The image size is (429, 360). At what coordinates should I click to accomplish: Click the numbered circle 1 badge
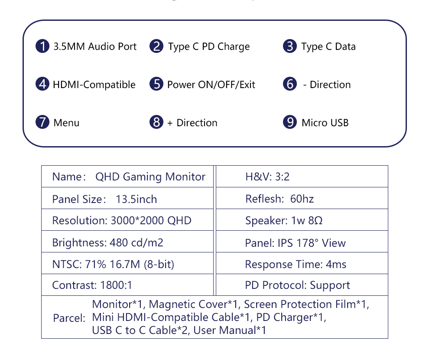pyautogui.click(x=42, y=46)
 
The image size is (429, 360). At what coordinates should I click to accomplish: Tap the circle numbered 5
pyautogui.click(x=156, y=84)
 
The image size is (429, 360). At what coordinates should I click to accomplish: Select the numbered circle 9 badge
pyautogui.click(x=290, y=122)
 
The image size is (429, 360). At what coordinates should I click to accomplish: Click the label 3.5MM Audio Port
pyautogui.click(x=95, y=46)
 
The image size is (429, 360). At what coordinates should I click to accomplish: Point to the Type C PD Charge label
pyautogui.click(x=209, y=47)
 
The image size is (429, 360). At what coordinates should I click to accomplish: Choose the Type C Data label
pyautogui.click(x=328, y=47)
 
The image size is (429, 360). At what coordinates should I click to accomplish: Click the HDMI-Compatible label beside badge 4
pyautogui.click(x=94, y=85)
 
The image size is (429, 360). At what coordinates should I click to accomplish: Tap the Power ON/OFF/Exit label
pyautogui.click(x=211, y=85)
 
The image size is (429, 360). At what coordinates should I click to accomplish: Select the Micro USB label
pyautogui.click(x=325, y=123)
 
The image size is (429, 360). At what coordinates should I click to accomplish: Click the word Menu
pyautogui.click(x=66, y=123)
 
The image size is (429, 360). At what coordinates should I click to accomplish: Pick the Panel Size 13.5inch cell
pyautogui.click(x=127, y=198)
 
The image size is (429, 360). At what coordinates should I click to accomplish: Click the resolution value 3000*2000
pyautogui.click(x=137, y=220)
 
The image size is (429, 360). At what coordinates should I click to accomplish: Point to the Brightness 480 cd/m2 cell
pyautogui.click(x=127, y=242)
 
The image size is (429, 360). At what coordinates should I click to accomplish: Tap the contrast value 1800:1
pyautogui.click(x=116, y=285)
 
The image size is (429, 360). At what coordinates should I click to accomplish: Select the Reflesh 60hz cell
pyautogui.click(x=302, y=198)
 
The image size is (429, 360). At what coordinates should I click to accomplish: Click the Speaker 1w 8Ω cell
pyautogui.click(x=302, y=220)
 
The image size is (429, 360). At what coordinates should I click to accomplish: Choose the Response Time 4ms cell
pyautogui.click(x=302, y=263)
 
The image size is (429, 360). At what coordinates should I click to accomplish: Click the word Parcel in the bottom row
pyautogui.click(x=69, y=318)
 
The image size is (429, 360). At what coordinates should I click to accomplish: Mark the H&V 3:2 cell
pyautogui.click(x=302, y=177)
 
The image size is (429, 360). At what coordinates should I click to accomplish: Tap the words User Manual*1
pyautogui.click(x=230, y=331)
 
